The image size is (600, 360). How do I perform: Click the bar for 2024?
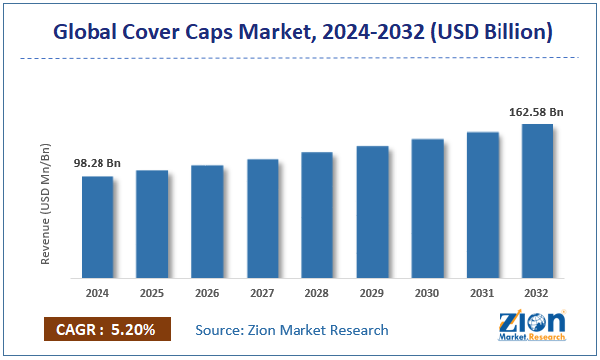pos(98,227)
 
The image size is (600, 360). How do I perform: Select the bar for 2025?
pos(152,224)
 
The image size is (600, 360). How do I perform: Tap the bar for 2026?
pos(207,221)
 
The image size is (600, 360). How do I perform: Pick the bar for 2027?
pos(262,218)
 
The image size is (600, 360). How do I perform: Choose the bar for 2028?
pos(316,215)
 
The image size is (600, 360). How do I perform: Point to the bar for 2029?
pos(372,212)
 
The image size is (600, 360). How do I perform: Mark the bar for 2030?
pos(427,208)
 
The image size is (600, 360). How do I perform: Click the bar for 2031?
pos(482,205)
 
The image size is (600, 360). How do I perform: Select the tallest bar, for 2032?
pos(537,201)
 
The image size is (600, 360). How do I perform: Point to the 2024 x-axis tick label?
pos(98,294)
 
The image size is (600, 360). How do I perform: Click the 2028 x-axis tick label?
pos(316,294)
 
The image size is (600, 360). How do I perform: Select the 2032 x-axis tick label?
pos(537,294)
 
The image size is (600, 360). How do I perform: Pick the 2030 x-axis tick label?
pos(427,294)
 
